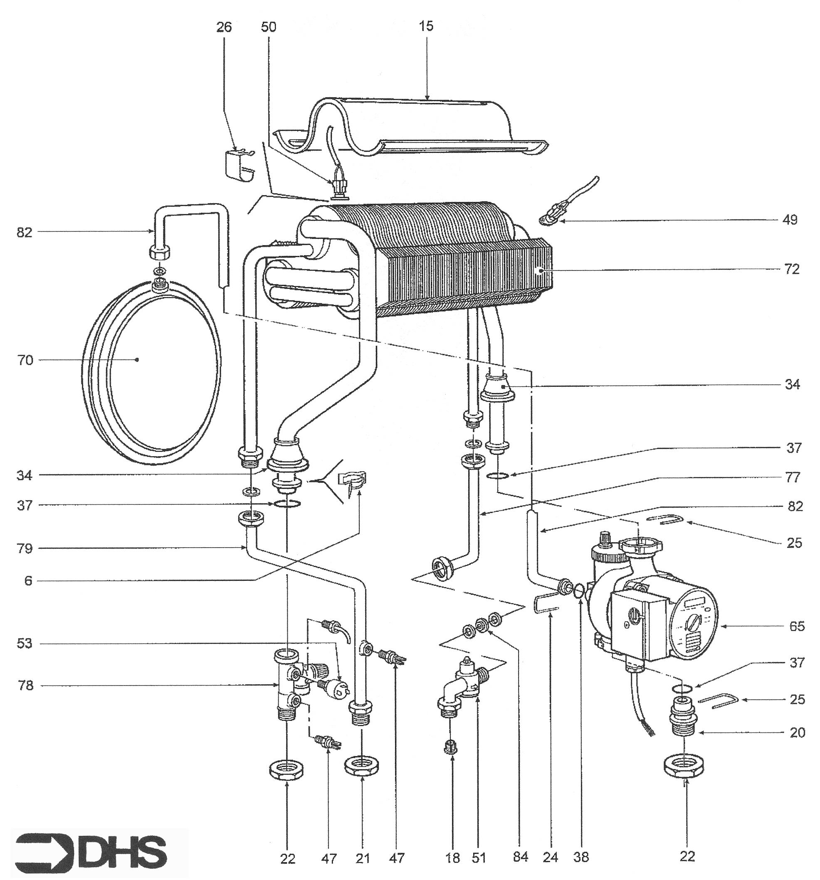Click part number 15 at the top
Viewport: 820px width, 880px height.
(426, 27)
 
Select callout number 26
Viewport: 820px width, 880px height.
(224, 27)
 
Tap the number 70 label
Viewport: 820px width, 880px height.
(25, 360)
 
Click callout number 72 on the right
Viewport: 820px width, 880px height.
(792, 269)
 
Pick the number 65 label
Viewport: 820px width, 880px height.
(797, 627)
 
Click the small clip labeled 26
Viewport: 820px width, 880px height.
(239, 164)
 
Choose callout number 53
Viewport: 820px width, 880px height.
(25, 643)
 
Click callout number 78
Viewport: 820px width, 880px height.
(25, 686)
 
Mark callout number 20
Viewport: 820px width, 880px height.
(797, 733)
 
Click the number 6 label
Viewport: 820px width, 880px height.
(28, 581)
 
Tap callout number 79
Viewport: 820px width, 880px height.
(25, 549)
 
